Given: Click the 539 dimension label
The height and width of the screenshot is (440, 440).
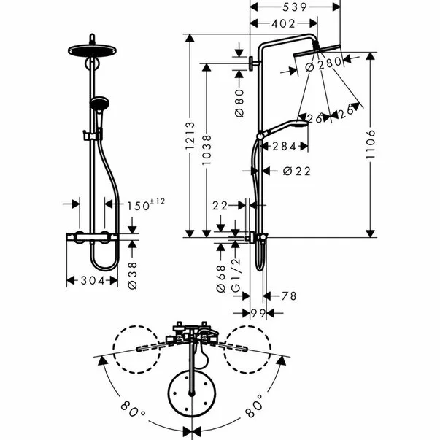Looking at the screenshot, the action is (x=295, y=7).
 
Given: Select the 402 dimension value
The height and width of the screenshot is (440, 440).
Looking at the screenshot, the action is (x=283, y=24).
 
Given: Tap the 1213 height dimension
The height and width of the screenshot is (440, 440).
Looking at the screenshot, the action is (x=190, y=136).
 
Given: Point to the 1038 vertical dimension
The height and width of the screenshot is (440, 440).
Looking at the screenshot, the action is (x=207, y=150).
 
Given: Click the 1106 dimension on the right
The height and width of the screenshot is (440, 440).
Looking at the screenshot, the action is (x=371, y=144).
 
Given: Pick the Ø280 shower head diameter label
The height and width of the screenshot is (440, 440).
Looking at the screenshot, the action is (x=323, y=64).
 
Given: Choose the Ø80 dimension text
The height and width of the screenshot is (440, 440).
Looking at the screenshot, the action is (x=239, y=104).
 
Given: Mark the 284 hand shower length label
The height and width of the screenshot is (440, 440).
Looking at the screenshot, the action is (x=285, y=147).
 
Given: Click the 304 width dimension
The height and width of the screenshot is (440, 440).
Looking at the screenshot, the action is (x=93, y=280).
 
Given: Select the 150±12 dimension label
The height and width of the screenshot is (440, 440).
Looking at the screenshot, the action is (x=146, y=204).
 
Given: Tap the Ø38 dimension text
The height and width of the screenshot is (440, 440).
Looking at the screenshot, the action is (x=132, y=276).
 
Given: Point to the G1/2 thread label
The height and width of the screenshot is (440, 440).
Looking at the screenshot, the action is (x=236, y=275).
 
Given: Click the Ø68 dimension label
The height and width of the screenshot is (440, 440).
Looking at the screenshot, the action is (x=221, y=279).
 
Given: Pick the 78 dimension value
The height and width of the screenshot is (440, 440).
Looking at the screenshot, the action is (x=289, y=296).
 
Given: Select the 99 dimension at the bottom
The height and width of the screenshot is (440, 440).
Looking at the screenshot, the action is (x=258, y=313).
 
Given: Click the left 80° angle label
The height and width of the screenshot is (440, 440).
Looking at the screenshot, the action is (x=133, y=410).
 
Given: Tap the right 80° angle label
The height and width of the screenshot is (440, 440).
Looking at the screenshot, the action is (x=254, y=406).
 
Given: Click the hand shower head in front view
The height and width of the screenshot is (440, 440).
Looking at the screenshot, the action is (x=99, y=103).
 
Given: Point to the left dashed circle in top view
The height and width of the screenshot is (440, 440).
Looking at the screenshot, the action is (x=136, y=350).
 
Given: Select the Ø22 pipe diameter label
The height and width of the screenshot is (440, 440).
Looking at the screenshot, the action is (x=297, y=171).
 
